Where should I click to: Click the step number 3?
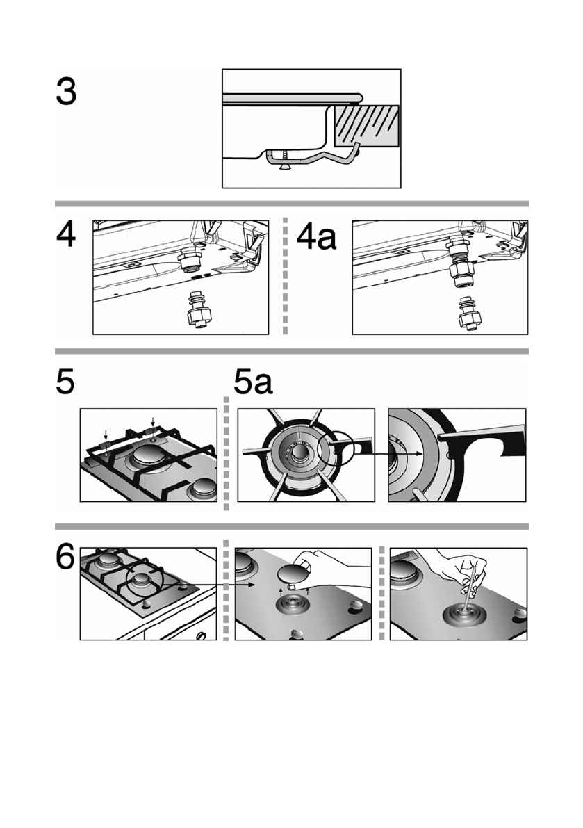(66, 92)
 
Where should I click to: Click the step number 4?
(66, 237)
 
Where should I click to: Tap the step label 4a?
(316, 237)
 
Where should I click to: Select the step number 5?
(66, 383)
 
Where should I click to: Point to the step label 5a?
(252, 383)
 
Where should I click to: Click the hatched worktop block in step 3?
(367, 125)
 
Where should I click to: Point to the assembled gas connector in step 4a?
(459, 261)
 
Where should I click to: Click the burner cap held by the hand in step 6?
(295, 575)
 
